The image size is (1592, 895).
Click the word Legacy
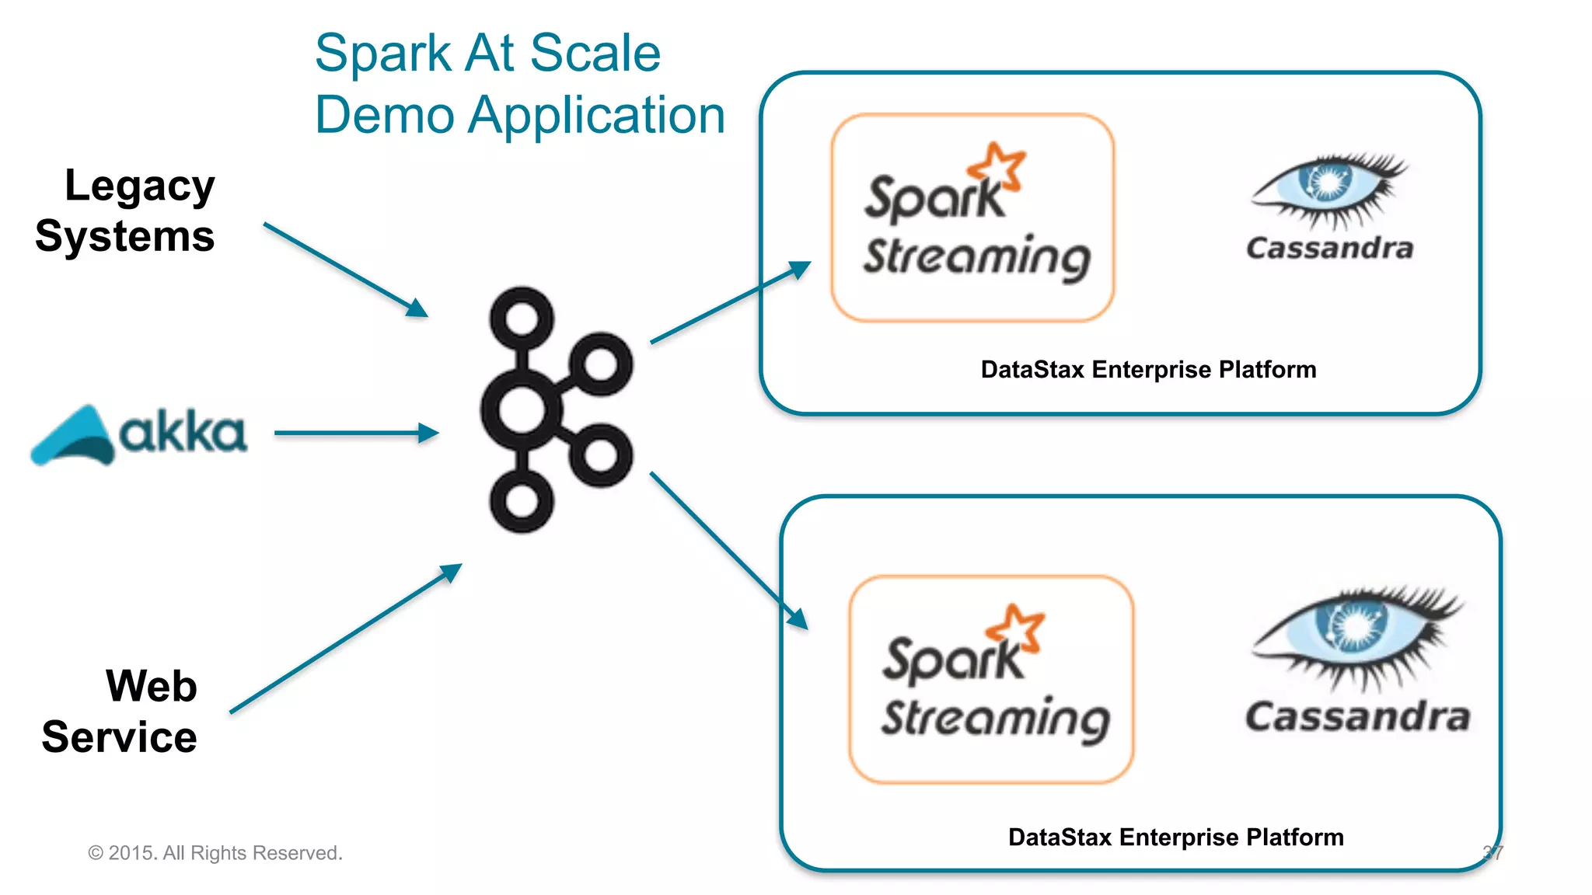[139, 186]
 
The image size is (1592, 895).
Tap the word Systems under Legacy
[124, 236]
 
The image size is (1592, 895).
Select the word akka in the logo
[183, 434]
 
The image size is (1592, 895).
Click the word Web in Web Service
[152, 686]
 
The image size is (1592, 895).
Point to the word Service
[119, 737]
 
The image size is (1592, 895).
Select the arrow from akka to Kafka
[354, 433]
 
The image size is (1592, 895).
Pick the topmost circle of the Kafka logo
[522, 319]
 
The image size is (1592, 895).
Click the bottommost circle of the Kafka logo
[522, 500]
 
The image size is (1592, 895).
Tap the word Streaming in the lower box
[995, 718]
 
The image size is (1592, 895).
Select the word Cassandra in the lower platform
[1357, 716]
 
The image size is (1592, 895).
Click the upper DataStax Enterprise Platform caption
[1148, 369]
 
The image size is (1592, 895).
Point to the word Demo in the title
[384, 115]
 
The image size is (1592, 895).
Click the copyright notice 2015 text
[215, 853]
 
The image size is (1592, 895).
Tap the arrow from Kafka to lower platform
[728, 549]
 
